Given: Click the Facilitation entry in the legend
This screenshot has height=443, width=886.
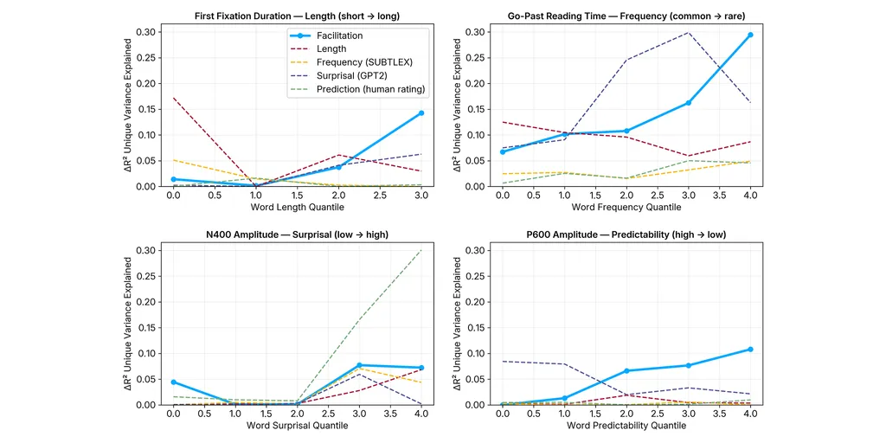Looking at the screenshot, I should click(x=338, y=35).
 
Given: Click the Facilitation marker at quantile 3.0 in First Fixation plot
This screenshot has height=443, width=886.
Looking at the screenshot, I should click(x=421, y=112).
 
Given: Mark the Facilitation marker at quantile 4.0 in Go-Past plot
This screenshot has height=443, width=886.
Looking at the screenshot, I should click(x=750, y=35).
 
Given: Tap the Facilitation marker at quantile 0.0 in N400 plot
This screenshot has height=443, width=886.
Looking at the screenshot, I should click(x=174, y=382).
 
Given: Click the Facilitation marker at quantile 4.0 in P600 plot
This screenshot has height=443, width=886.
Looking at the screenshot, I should click(x=750, y=350).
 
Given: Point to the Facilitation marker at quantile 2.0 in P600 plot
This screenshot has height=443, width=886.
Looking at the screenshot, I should click(x=626, y=370).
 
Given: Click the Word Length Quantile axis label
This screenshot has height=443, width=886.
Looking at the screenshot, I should click(x=297, y=208).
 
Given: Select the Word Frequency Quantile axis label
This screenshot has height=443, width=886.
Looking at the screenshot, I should click(x=626, y=208).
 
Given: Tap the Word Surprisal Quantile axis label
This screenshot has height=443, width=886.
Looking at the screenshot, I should click(x=297, y=426).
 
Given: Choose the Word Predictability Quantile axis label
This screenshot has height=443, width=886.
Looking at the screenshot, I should click(x=626, y=426).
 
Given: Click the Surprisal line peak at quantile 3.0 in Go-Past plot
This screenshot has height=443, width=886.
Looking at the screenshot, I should click(x=689, y=33).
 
